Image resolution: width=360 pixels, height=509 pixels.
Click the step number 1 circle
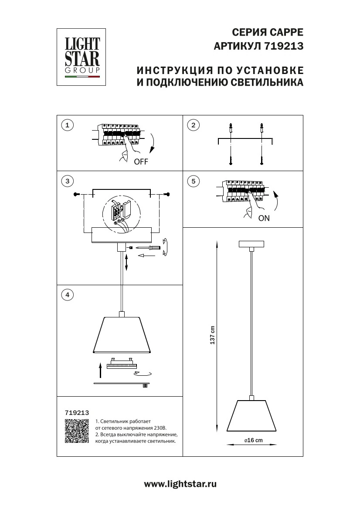coord(67,125)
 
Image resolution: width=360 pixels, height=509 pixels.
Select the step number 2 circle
coord(193,125)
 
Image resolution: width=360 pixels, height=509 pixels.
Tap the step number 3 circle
coord(67,181)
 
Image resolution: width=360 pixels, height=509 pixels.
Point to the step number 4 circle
coord(67,295)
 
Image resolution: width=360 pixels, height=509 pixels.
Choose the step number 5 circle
coord(193,181)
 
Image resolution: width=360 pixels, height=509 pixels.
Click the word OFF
coord(141,162)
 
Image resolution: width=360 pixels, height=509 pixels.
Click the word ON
coord(264,219)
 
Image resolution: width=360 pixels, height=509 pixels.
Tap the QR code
coord(77,431)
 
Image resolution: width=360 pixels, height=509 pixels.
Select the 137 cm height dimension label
coord(213,335)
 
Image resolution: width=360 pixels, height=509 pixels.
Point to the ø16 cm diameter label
coord(253,440)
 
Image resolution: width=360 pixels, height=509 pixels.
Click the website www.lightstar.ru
coord(180,484)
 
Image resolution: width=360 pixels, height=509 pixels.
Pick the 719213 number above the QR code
coord(77,412)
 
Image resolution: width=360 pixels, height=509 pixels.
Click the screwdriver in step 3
coord(149,247)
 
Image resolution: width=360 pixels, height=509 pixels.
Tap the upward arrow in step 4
coord(101,371)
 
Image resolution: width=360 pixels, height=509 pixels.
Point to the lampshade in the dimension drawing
coord(252,416)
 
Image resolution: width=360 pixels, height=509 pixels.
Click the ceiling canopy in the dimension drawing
coord(251,244)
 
